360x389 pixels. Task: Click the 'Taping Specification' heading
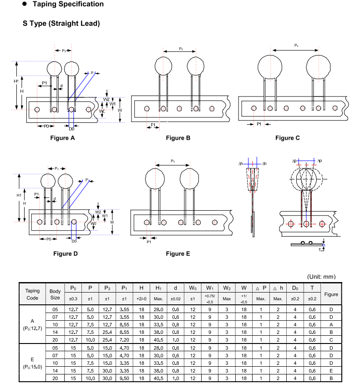pyautogui.click(x=68, y=4)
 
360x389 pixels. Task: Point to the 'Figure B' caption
pyautogui.click(x=178, y=138)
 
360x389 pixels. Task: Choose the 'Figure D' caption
pyautogui.click(x=66, y=253)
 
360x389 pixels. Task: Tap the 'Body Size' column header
pyautogui.click(x=55, y=294)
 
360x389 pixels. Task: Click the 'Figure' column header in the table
pyautogui.click(x=331, y=294)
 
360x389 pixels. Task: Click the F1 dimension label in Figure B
pyautogui.click(x=153, y=125)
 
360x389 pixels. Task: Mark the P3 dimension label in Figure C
pyautogui.click(x=296, y=45)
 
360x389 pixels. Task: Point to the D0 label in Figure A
pyautogui.click(x=71, y=129)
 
